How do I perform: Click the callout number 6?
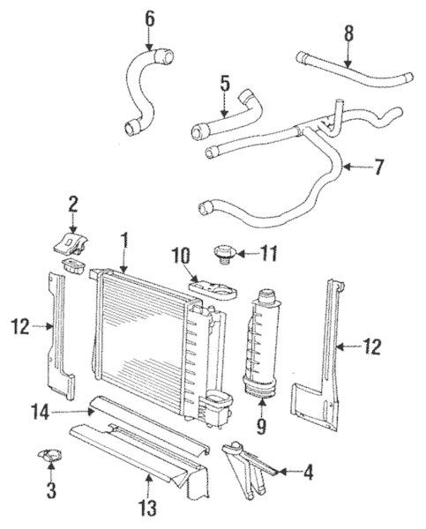[148, 18]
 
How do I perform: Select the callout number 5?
[224, 86]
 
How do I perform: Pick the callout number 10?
[181, 256]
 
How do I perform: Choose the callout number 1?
[124, 238]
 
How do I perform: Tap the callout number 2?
[73, 204]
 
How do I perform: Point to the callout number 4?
[308, 473]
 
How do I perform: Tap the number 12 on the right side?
[372, 346]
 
